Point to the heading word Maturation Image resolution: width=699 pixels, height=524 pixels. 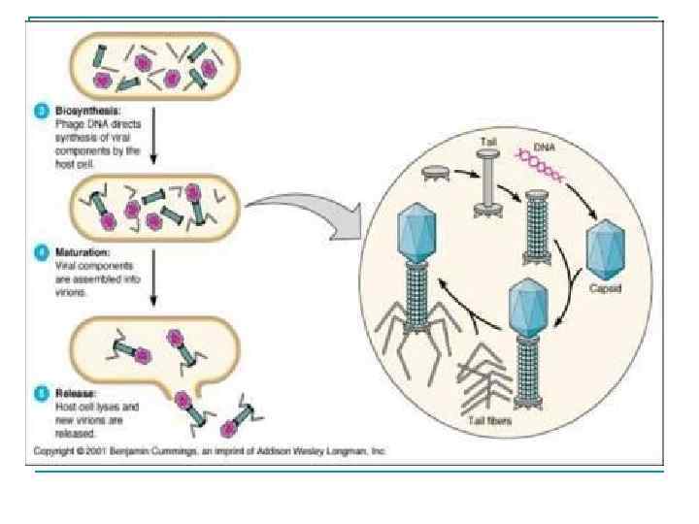pos(76,252)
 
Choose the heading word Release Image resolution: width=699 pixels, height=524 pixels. pos(71,393)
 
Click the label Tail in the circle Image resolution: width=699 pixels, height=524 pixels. pos(488,143)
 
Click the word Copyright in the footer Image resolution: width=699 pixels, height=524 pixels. pos(55,451)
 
